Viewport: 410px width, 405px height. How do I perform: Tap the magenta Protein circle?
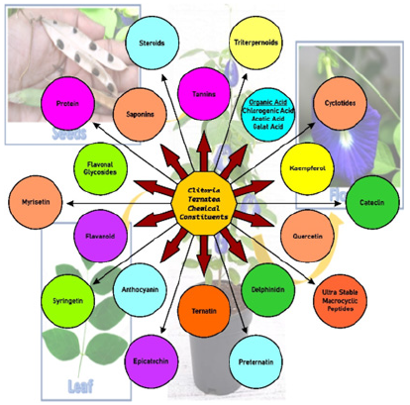tap(68, 103)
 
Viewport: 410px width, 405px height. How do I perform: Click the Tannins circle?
tap(204, 95)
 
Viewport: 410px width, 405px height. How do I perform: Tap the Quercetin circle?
tap(307, 238)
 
